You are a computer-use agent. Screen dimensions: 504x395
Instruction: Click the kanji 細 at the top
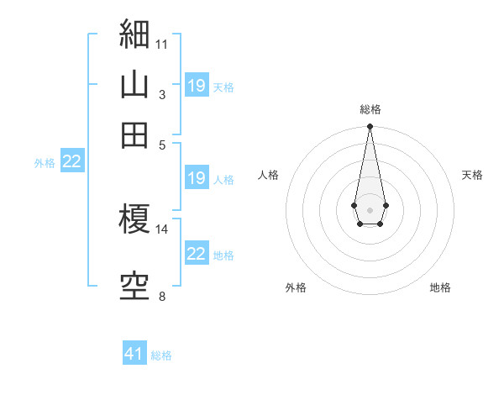pos(134,34)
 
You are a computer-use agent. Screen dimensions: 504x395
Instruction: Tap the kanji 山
pos(134,84)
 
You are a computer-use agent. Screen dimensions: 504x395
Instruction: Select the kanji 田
pos(134,135)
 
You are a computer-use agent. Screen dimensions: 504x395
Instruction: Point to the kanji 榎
pos(134,219)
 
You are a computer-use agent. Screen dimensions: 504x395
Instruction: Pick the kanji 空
pos(134,287)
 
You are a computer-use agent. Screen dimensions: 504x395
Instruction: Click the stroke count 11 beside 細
pos(161,45)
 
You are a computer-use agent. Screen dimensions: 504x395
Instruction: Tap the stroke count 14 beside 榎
pos(161,229)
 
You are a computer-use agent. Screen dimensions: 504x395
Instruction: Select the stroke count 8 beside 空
pos(162,296)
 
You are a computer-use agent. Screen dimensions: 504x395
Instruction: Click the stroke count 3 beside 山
pos(162,95)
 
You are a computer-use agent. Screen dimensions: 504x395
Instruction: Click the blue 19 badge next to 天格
pos(197,85)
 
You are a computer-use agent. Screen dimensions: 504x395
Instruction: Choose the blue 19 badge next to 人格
pos(197,177)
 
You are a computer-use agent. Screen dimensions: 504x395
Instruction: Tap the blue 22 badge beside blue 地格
pos(197,252)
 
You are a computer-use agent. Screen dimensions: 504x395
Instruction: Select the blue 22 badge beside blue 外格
pos(72,161)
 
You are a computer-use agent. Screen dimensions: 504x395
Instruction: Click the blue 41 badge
pos(134,352)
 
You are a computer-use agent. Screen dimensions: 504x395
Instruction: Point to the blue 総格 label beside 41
pos(161,355)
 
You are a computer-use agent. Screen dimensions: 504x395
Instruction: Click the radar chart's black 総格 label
pos(370,109)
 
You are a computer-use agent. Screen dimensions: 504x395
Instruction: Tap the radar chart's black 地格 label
pos(440,287)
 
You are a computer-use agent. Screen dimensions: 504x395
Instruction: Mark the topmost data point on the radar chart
pos(370,126)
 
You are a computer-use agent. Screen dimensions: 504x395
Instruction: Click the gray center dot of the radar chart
pos(370,210)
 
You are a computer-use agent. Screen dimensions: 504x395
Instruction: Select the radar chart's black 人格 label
pos(268,175)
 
